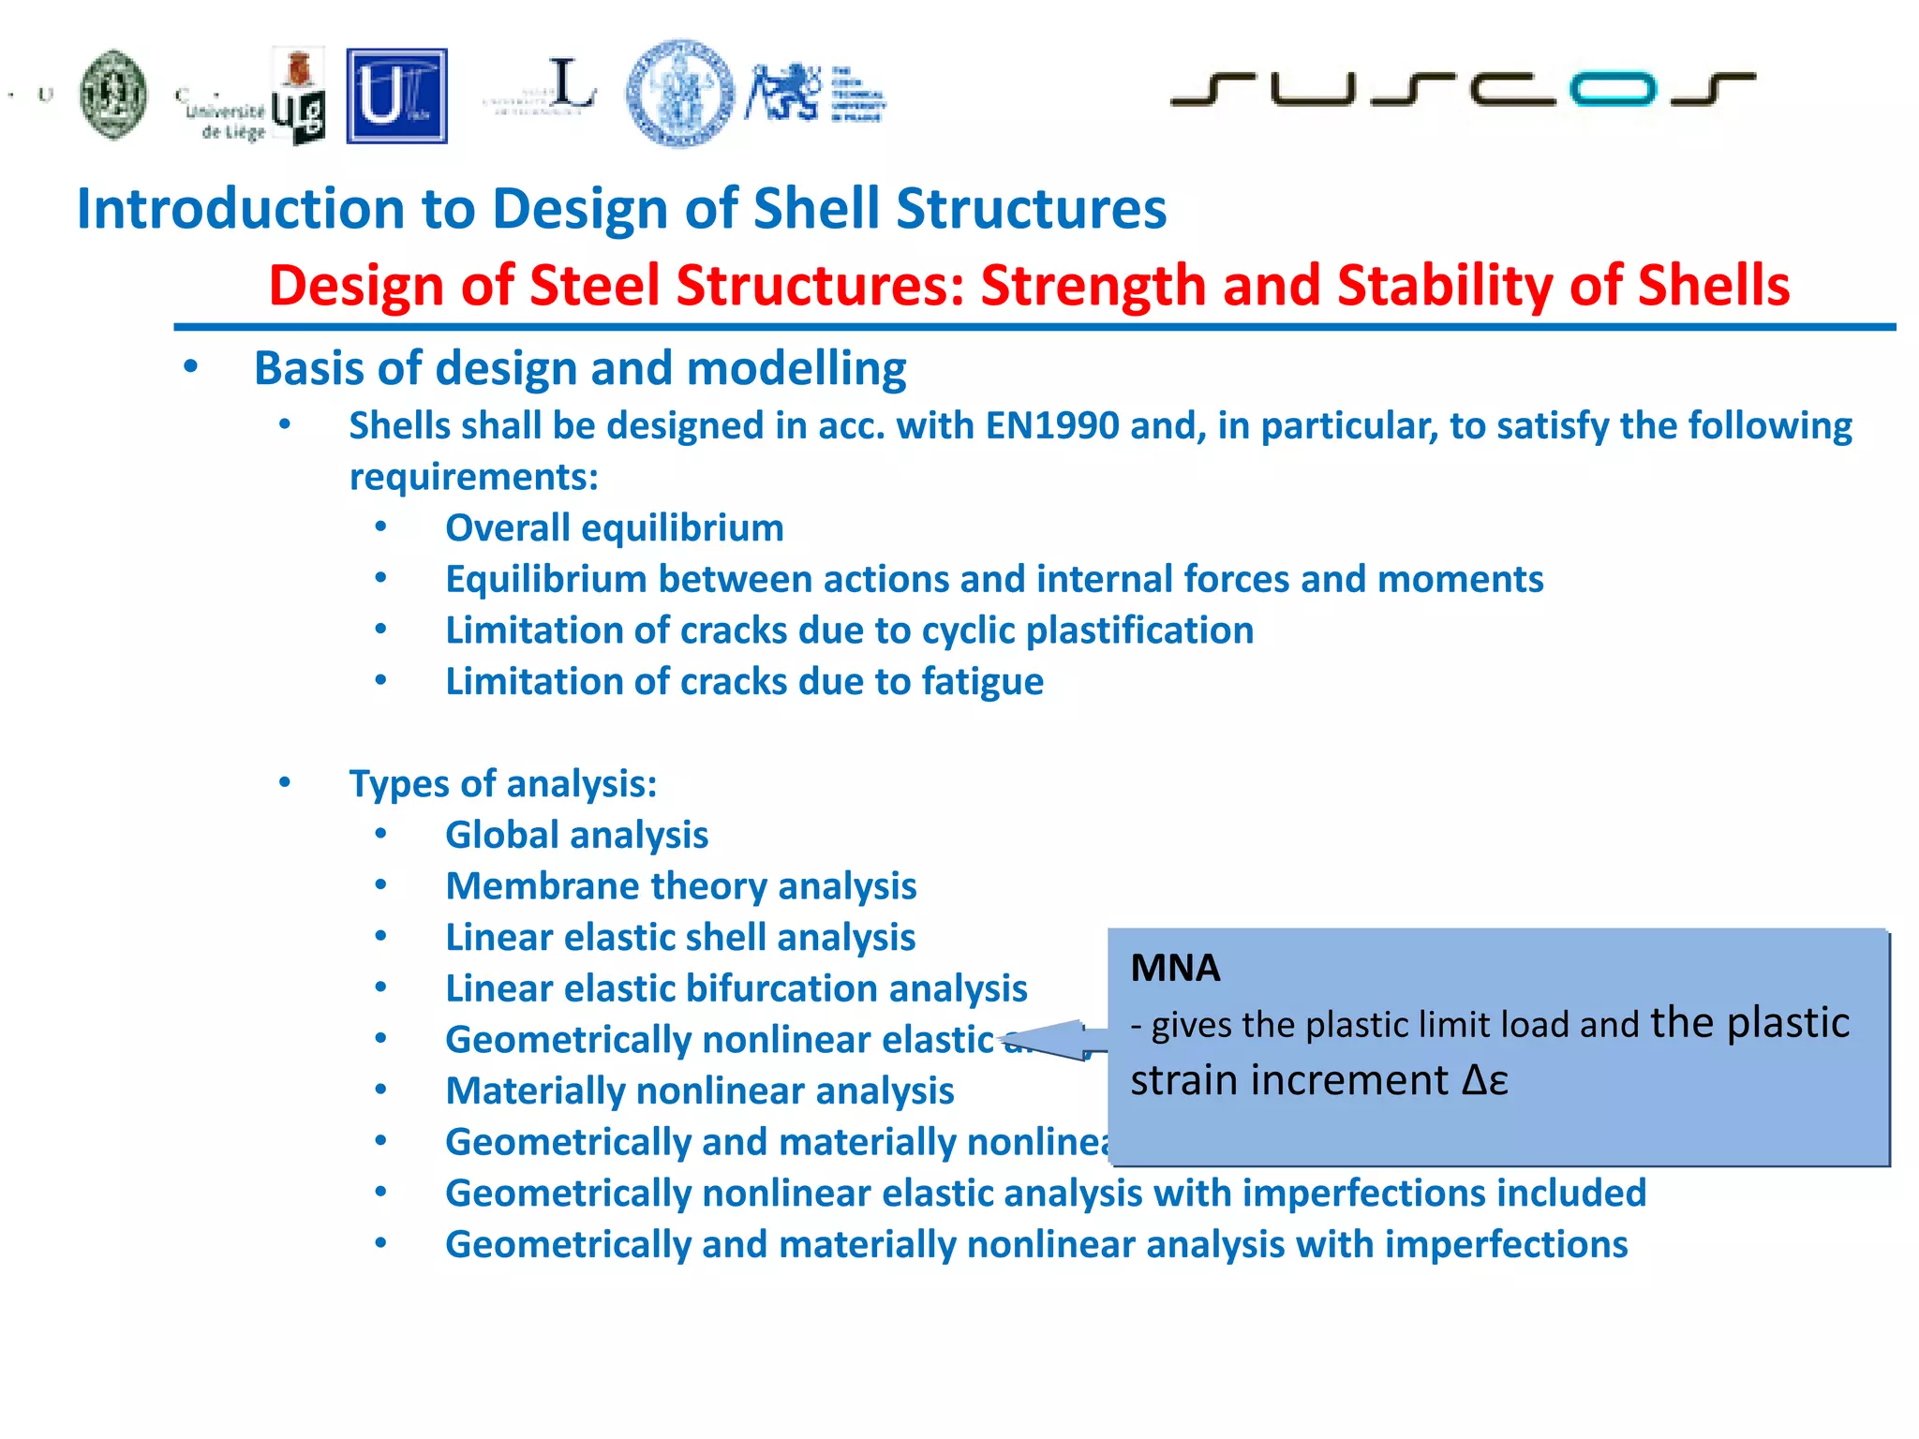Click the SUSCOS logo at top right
click(x=1462, y=89)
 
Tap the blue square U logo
click(x=396, y=96)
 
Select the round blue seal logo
click(x=680, y=94)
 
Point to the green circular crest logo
click(x=113, y=95)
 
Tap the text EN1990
click(x=1052, y=426)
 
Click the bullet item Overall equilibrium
click(x=614, y=528)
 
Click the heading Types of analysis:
click(x=503, y=784)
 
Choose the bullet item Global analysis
click(x=576, y=836)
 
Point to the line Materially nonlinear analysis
click(x=699, y=1091)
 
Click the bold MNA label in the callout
click(x=1175, y=968)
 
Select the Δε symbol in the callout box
click(x=1485, y=1081)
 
